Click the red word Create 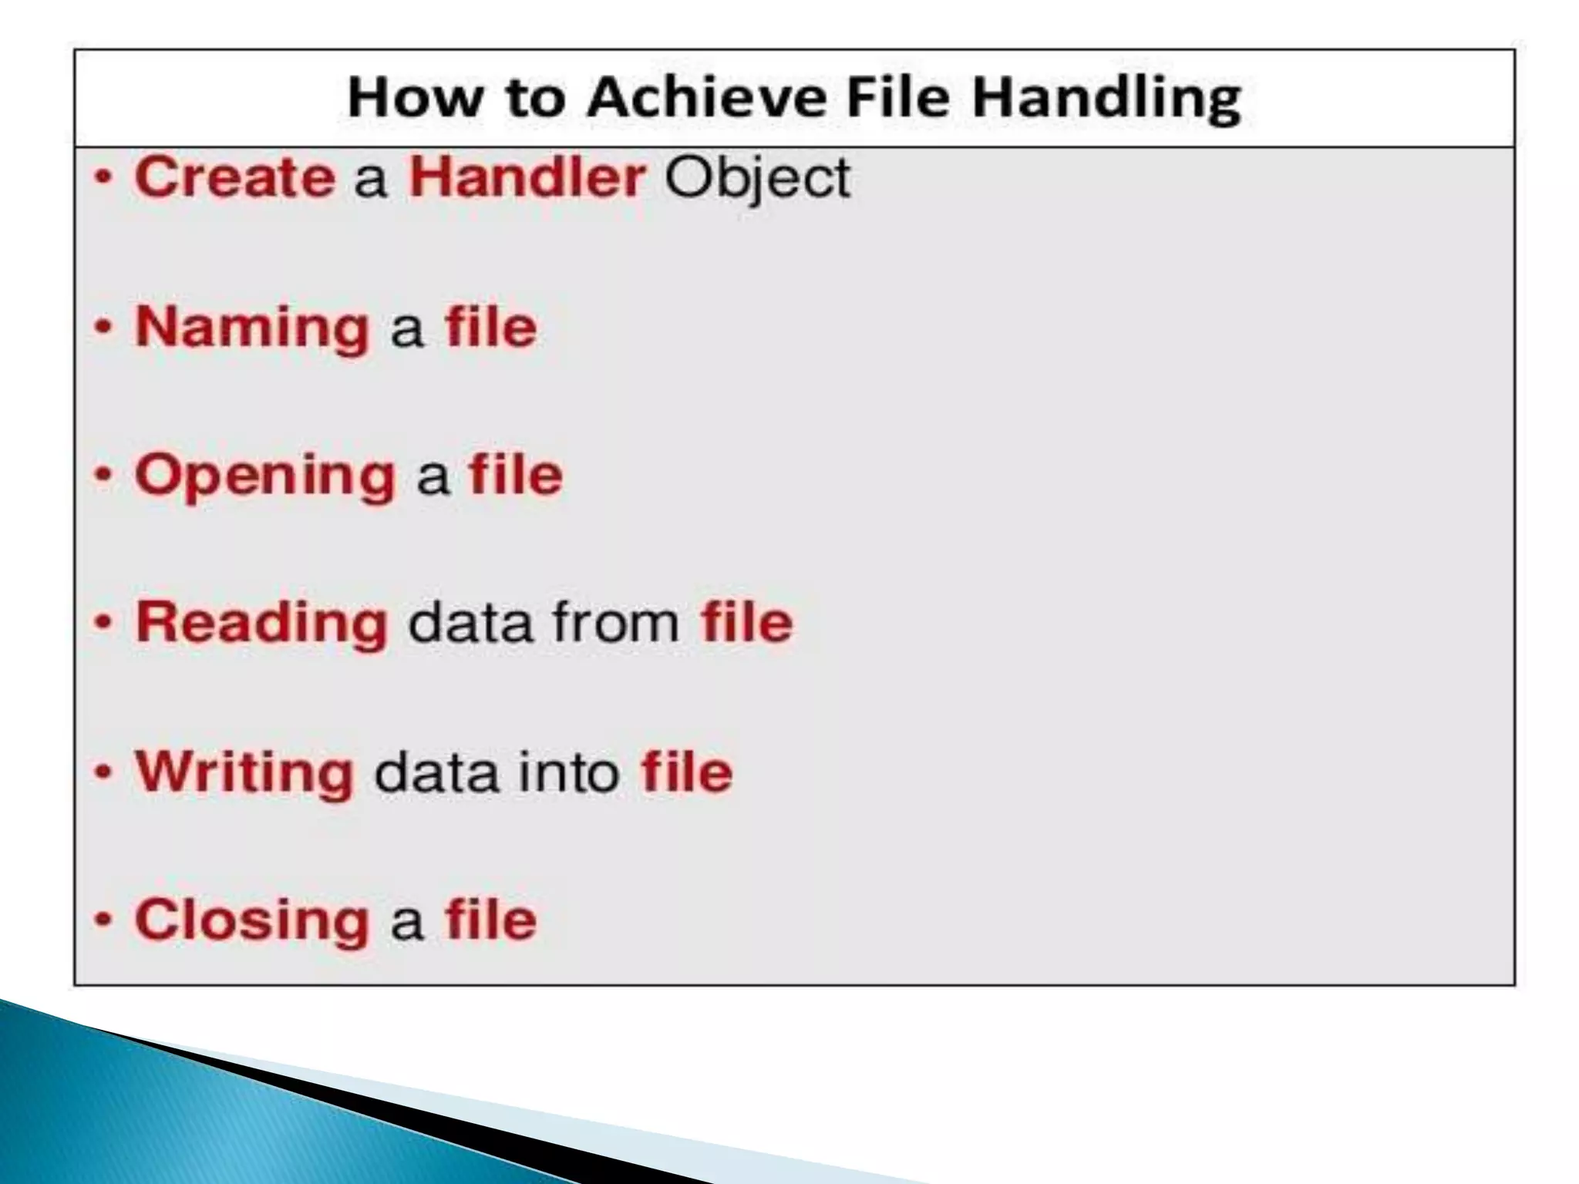234,177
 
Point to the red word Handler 526,177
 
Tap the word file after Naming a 490,327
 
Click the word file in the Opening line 516,475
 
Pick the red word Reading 261,624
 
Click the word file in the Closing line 490,919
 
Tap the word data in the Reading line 470,623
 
